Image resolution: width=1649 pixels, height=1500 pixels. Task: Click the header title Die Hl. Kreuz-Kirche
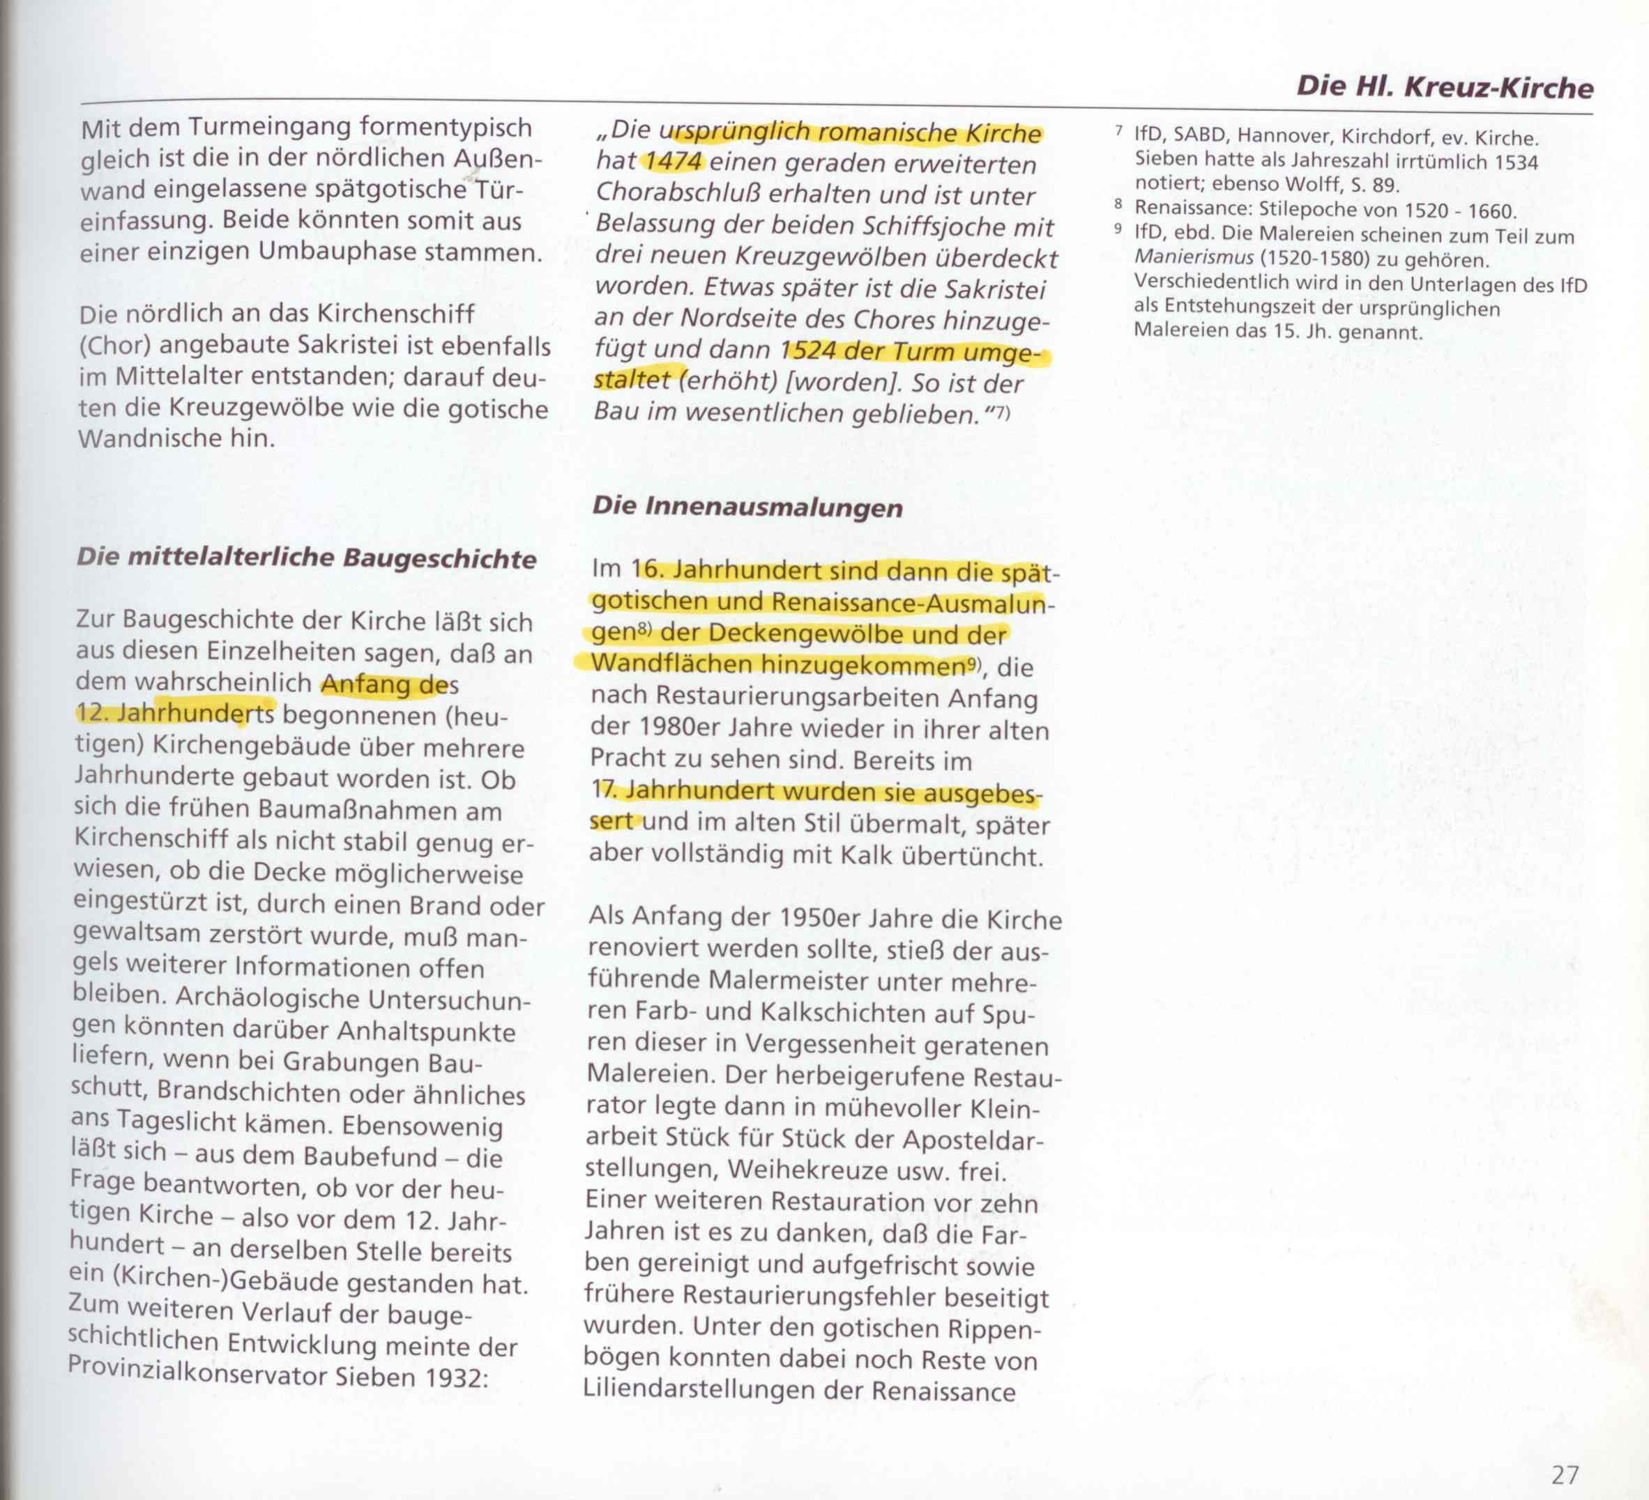(x=1445, y=89)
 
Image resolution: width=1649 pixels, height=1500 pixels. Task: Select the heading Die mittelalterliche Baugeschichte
(x=307, y=558)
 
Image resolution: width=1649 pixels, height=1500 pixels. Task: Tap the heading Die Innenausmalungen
(x=747, y=507)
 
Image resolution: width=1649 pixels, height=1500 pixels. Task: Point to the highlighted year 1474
(x=673, y=162)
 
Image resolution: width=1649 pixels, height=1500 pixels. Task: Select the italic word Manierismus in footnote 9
(x=1194, y=259)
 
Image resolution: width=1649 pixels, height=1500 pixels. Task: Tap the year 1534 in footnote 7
(x=1517, y=162)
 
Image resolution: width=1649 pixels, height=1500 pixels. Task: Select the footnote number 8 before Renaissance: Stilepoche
(x=1118, y=209)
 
